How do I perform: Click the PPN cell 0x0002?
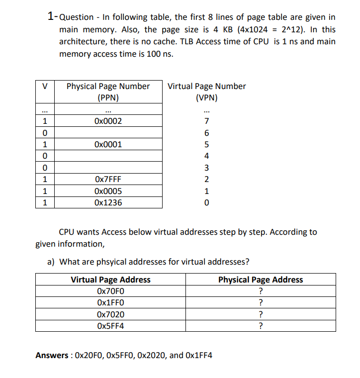108,121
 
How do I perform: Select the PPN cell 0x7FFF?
108,180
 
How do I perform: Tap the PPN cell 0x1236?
108,202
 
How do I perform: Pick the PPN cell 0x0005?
108,191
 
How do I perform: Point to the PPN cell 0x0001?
108,145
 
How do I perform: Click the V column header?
45,87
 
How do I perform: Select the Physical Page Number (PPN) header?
108,92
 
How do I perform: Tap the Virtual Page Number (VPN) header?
206,92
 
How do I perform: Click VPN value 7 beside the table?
206,121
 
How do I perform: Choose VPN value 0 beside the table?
206,202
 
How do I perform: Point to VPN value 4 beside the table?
206,156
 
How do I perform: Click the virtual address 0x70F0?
110,291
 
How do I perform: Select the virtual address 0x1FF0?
110,303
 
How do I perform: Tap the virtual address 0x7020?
110,314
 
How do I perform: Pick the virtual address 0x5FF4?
110,326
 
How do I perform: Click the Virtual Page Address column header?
110,280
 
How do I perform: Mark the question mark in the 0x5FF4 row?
261,326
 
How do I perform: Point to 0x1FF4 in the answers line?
198,355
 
